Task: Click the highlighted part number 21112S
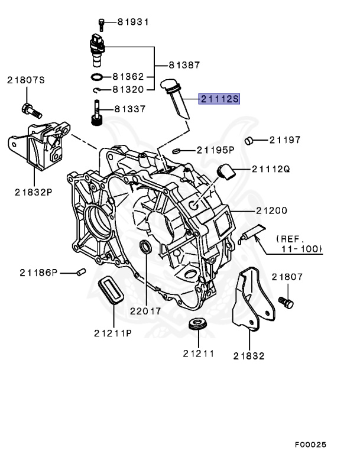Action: pyautogui.click(x=219, y=99)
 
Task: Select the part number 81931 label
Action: pyautogui.click(x=132, y=22)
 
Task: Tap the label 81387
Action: pyautogui.click(x=184, y=65)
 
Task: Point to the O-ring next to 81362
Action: pyautogui.click(x=98, y=77)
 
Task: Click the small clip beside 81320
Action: pyautogui.click(x=98, y=90)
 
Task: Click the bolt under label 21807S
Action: pyautogui.click(x=30, y=109)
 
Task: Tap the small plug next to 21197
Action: pyautogui.click(x=249, y=140)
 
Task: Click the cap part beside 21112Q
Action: pyautogui.click(x=226, y=171)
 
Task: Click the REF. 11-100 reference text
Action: pyautogui.click(x=299, y=244)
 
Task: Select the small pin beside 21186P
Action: pyautogui.click(x=82, y=272)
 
